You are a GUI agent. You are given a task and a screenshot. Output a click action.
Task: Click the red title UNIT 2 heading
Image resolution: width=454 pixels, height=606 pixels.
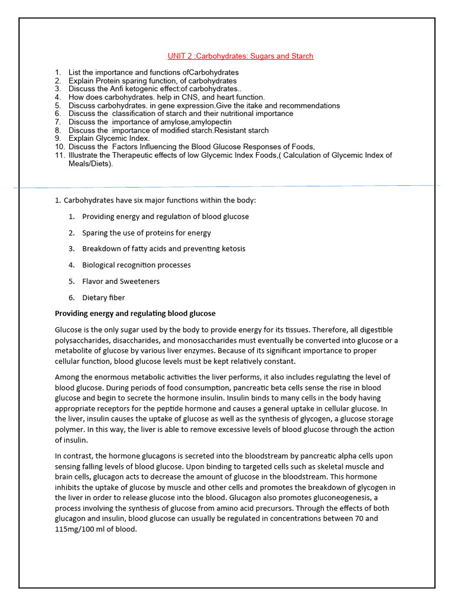(240, 56)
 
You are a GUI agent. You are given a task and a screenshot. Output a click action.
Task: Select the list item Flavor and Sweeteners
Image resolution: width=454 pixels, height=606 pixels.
(121, 281)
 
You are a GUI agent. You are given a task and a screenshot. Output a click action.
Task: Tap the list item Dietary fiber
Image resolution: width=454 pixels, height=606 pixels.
(103, 298)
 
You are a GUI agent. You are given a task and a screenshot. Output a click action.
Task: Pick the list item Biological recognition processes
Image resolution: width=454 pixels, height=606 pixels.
(136, 265)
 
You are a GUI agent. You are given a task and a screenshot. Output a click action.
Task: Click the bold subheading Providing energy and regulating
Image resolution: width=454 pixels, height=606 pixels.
(135, 313)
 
